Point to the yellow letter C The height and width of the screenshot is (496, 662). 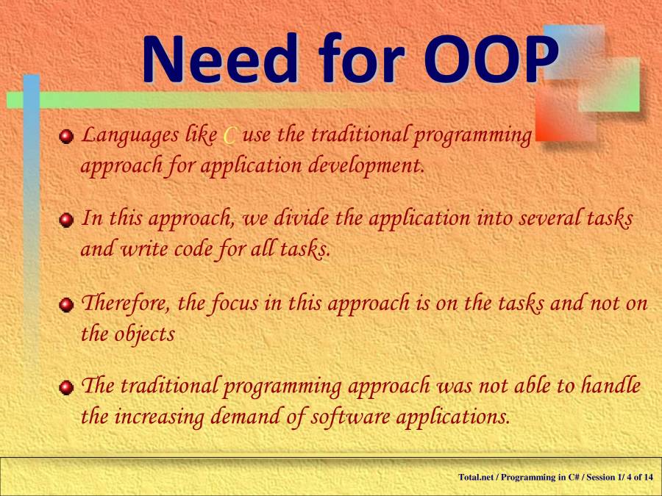point(229,137)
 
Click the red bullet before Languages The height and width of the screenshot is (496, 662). point(68,137)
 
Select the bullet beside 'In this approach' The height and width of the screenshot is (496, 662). point(68,220)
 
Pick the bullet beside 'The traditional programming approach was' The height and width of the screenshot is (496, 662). point(68,387)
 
